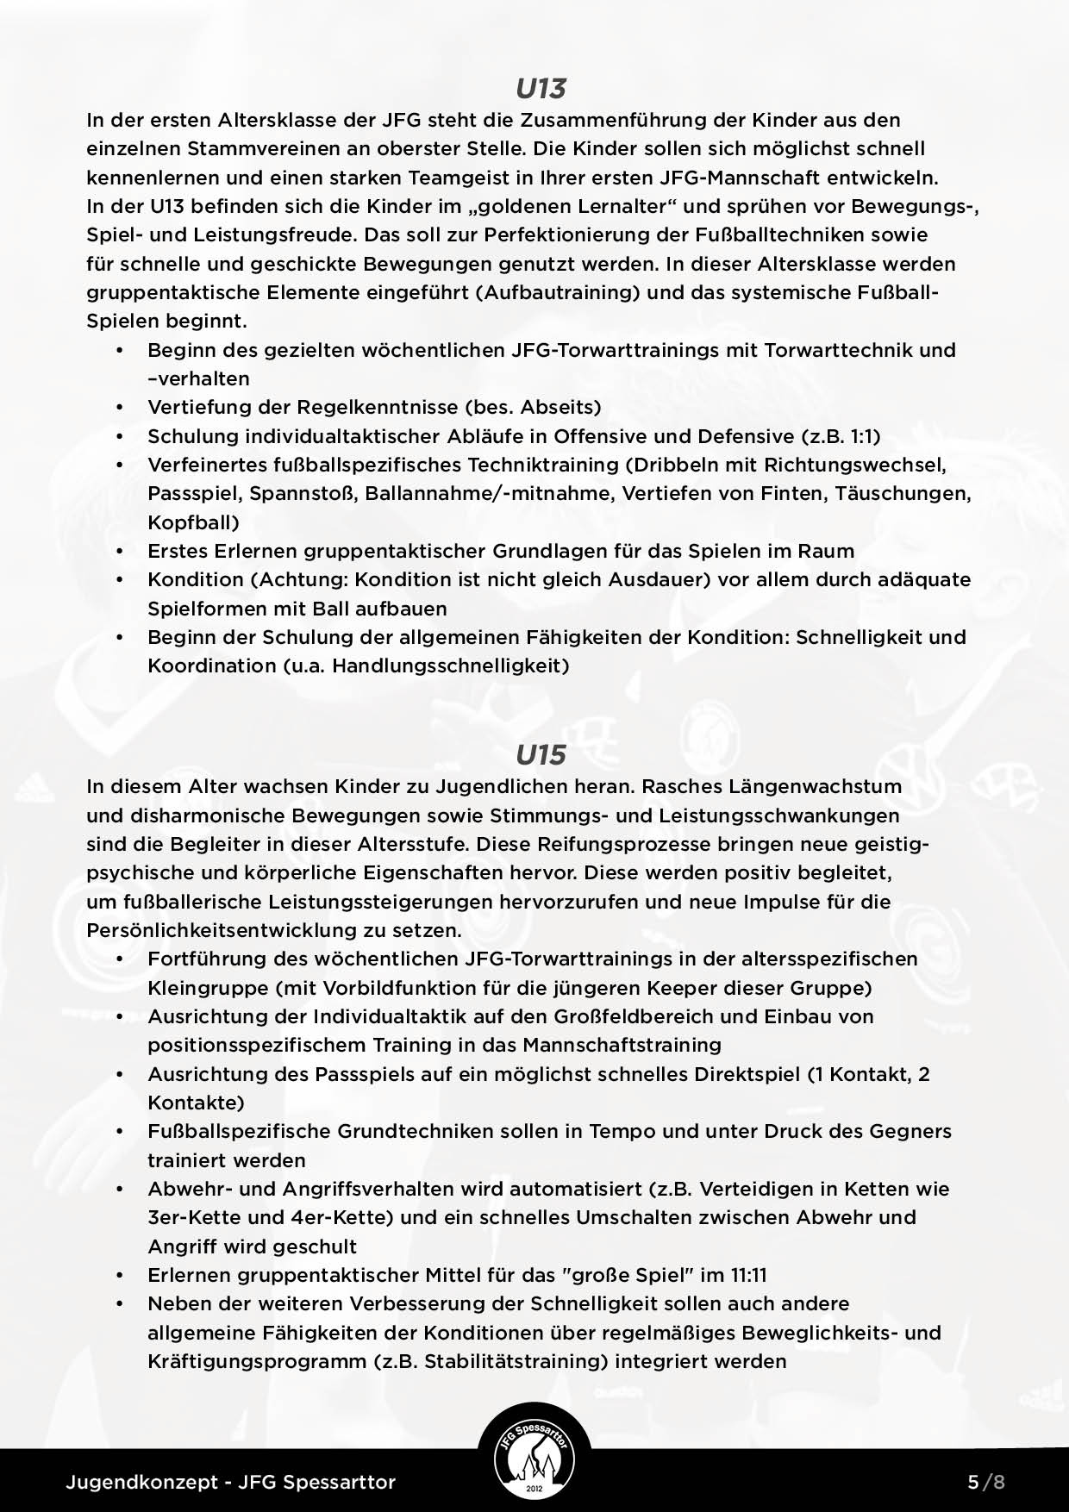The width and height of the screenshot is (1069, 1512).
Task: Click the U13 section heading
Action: (541, 89)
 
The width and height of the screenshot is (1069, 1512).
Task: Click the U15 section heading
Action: (541, 755)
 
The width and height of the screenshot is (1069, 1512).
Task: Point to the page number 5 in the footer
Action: (973, 1483)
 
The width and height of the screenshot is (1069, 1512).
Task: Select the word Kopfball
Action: (191, 522)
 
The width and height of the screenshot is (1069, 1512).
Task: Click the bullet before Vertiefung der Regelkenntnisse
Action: (121, 407)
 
